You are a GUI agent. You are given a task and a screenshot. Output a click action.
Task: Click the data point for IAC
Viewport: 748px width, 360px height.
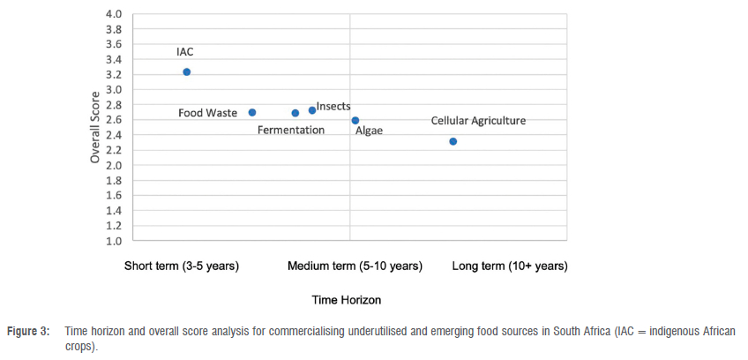[x=186, y=72]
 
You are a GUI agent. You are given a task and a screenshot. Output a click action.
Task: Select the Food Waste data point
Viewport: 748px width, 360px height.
[x=252, y=113]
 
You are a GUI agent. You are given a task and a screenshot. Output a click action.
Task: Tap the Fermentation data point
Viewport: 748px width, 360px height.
[x=295, y=113]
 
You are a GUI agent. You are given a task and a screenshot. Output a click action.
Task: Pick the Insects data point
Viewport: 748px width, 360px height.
[x=312, y=110]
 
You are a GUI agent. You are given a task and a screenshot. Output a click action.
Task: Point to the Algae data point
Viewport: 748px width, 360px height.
[x=355, y=121]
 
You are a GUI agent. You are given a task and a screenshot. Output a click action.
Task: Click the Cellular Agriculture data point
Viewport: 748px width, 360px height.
[x=453, y=141]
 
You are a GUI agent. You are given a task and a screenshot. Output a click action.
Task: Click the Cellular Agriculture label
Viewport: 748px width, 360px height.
[x=478, y=121]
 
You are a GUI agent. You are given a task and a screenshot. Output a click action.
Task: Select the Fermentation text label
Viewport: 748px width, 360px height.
[x=291, y=131]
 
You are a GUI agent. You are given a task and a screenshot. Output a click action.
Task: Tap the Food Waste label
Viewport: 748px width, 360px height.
[x=207, y=113]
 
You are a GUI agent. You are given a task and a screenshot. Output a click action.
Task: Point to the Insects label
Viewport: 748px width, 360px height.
[x=333, y=107]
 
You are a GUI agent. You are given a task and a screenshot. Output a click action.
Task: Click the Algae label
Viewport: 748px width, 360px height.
[x=369, y=131]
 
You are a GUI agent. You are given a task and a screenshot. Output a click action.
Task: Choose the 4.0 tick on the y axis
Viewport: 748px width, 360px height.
[x=114, y=15]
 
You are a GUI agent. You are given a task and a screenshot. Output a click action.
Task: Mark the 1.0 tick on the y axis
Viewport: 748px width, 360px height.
[x=114, y=240]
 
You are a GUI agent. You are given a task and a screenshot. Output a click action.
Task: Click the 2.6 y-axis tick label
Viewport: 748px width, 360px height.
[x=114, y=120]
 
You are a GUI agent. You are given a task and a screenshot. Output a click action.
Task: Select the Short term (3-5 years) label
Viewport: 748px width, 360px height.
[x=182, y=266]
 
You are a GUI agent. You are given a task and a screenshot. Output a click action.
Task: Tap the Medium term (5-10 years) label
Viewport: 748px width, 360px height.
[x=355, y=266]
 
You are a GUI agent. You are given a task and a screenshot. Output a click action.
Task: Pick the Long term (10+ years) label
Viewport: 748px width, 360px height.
[x=510, y=266]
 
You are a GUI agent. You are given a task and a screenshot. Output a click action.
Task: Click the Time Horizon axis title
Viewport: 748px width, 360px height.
[x=347, y=300]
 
